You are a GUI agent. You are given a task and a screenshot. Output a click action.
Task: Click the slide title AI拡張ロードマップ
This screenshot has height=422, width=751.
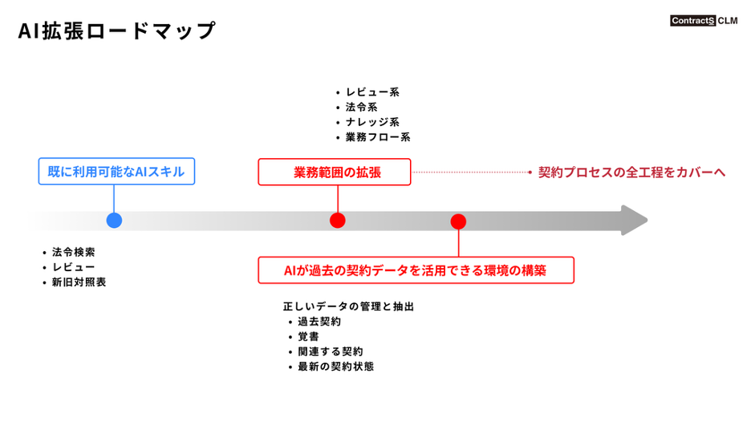[117, 31]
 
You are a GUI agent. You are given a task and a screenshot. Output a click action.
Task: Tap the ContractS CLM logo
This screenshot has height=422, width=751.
[703, 21]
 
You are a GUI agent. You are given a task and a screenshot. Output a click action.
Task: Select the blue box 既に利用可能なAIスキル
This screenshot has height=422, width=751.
[116, 172]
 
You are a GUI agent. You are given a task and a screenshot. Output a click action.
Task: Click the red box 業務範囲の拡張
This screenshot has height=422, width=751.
[334, 172]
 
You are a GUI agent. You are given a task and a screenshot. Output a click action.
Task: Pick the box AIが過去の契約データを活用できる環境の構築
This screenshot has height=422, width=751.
[416, 270]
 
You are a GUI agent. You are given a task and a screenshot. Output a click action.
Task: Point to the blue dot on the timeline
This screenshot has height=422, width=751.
[114, 221]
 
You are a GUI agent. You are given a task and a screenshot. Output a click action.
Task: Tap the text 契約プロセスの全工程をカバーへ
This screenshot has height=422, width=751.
[631, 172]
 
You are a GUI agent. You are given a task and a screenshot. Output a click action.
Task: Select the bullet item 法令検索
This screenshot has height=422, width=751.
[73, 252]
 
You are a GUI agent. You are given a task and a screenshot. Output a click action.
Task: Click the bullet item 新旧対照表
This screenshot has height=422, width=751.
[79, 282]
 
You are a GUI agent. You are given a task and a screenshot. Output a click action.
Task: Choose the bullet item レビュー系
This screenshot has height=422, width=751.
[372, 92]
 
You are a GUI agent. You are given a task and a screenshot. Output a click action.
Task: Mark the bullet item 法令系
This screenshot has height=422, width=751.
[361, 108]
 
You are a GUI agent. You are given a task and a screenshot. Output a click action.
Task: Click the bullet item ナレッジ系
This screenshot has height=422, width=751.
[372, 122]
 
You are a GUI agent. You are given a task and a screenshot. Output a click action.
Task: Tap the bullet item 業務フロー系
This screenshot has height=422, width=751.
[378, 137]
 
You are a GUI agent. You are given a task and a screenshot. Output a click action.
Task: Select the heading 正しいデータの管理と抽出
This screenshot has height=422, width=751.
[348, 306]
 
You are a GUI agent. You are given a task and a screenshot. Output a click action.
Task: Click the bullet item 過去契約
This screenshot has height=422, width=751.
[319, 322]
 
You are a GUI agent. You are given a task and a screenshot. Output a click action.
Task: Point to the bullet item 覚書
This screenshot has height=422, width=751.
[308, 337]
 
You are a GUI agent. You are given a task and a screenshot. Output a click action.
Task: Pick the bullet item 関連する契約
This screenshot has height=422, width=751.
[330, 351]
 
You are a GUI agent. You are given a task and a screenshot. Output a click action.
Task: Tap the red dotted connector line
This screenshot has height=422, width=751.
[469, 172]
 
